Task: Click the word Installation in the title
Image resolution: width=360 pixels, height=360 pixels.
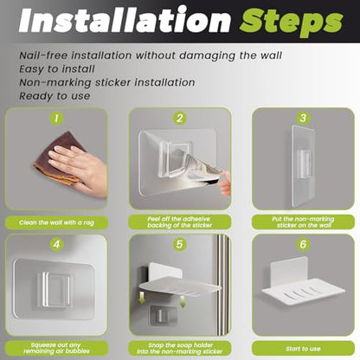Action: coord(125,20)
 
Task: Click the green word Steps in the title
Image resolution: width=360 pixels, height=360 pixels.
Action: coord(292,22)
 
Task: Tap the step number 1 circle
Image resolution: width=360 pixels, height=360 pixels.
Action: coord(56,118)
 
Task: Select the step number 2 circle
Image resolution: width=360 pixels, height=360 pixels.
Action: coord(180,118)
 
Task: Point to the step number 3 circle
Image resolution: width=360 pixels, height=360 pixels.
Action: coord(303,118)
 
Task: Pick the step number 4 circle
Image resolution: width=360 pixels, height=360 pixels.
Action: coord(56,244)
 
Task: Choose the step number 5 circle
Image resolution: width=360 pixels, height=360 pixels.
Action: coord(180,244)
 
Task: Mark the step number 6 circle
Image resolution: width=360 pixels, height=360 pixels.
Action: coord(303,244)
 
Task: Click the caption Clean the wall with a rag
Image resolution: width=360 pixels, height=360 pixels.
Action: coord(56,222)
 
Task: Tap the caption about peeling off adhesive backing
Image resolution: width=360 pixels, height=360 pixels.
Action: coord(180,222)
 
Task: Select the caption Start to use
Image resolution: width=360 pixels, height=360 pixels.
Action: coord(303,349)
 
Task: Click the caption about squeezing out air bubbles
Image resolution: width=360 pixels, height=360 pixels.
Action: coord(56,348)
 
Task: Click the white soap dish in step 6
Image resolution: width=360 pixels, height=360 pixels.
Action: coord(303,284)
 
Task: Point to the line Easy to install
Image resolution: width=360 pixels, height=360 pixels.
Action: coord(57,69)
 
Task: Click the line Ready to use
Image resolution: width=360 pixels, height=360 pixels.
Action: coord(55,96)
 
